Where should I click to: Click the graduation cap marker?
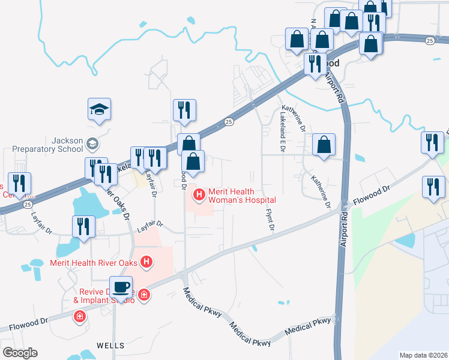[x=100, y=110]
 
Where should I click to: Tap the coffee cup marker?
[x=121, y=287]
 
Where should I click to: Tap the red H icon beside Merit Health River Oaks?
[x=145, y=262]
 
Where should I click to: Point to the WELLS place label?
[x=110, y=346]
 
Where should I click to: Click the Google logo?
[x=20, y=353]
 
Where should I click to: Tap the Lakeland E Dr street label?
[x=281, y=134]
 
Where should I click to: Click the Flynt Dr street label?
[x=270, y=220]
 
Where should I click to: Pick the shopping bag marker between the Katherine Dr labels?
[x=324, y=145]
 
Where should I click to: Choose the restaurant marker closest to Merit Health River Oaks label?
[x=83, y=227]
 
